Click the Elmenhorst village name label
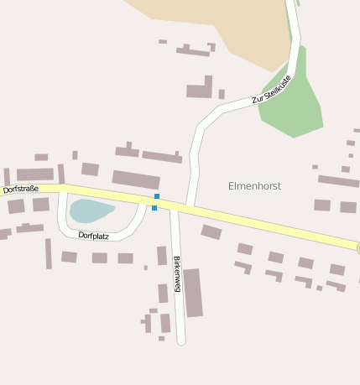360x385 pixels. click(x=254, y=185)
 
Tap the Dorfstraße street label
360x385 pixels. click(x=21, y=190)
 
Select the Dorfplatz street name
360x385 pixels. click(x=94, y=236)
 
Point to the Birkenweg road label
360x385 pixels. click(x=177, y=273)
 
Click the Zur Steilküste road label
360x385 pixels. click(x=271, y=90)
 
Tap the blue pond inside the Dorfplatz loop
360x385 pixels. click(x=90, y=210)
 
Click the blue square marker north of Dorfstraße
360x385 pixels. click(x=157, y=196)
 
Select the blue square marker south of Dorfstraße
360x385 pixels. click(x=154, y=207)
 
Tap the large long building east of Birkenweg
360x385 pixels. click(x=193, y=293)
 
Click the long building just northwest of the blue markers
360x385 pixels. click(x=136, y=179)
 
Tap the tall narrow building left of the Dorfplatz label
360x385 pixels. click(x=49, y=253)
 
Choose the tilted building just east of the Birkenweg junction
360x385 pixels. click(x=211, y=232)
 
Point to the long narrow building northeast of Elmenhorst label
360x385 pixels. click(x=338, y=180)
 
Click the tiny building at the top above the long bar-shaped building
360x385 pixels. click(x=163, y=41)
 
